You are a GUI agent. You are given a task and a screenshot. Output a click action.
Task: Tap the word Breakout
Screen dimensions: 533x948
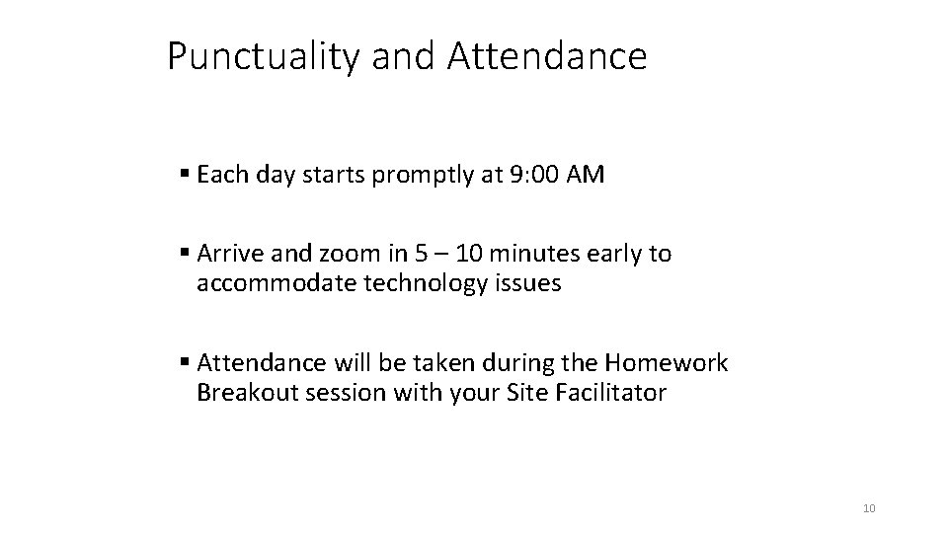click(244, 393)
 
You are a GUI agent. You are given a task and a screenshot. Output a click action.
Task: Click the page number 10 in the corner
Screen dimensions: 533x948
click(869, 508)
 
